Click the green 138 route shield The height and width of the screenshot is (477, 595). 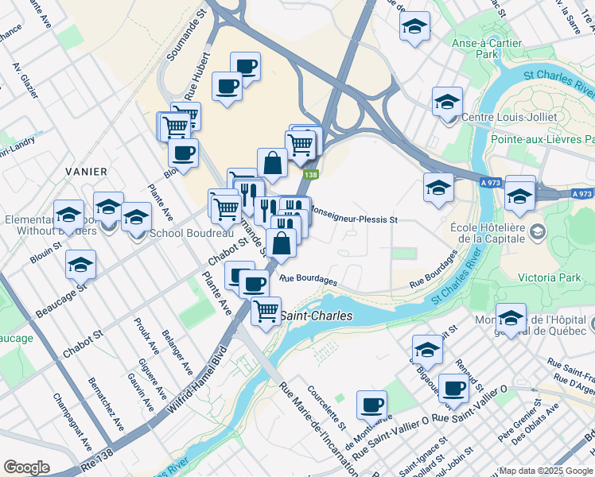(310, 175)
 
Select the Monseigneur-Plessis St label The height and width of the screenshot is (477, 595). (352, 215)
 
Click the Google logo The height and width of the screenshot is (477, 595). (26, 467)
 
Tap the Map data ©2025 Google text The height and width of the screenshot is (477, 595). (545, 471)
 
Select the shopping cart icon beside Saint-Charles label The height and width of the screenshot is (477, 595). (266, 309)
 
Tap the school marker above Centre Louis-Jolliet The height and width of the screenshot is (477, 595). (447, 102)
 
